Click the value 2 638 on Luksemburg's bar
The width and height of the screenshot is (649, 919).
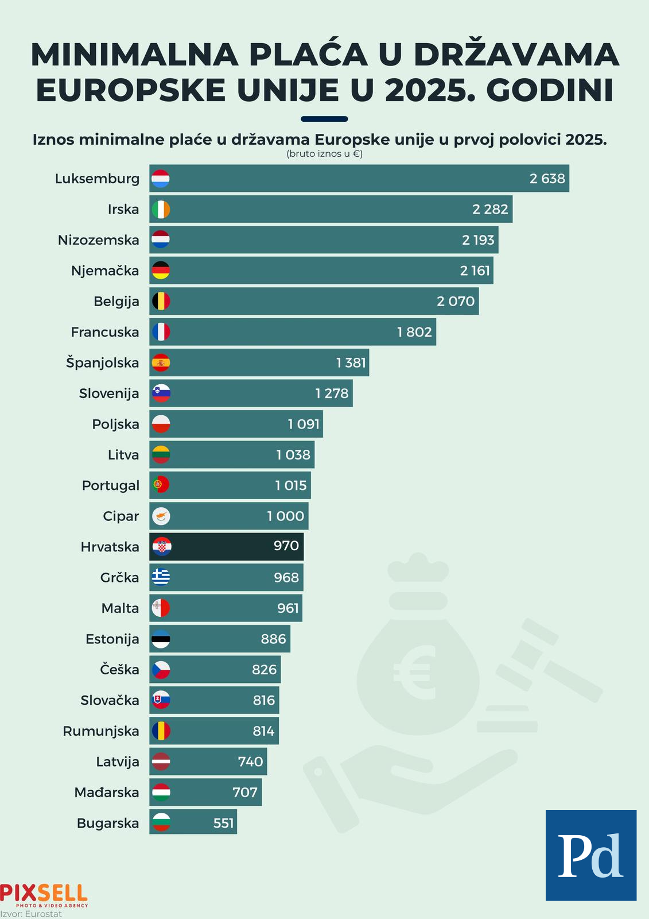pyautogui.click(x=547, y=179)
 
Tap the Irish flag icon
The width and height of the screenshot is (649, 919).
pyautogui.click(x=161, y=209)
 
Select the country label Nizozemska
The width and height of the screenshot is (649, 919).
pyautogui.click(x=98, y=240)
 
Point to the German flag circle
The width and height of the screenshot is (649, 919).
pyautogui.click(x=161, y=271)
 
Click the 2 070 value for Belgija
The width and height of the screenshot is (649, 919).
pyautogui.click(x=456, y=302)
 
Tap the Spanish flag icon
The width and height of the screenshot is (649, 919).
pyautogui.click(x=161, y=363)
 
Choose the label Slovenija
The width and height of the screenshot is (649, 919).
pyautogui.click(x=109, y=393)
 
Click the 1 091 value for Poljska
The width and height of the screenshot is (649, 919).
pyautogui.click(x=304, y=424)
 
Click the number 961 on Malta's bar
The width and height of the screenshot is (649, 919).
pyautogui.click(x=288, y=608)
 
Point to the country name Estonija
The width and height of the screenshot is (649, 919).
pyautogui.click(x=112, y=639)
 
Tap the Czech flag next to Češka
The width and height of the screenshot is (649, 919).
pyautogui.click(x=161, y=670)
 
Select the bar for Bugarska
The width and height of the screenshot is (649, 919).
pyautogui.click(x=193, y=823)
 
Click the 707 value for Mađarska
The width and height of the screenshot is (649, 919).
pyautogui.click(x=245, y=793)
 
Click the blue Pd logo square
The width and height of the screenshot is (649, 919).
pyautogui.click(x=590, y=855)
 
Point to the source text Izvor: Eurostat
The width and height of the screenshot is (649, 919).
pyautogui.click(x=31, y=914)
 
